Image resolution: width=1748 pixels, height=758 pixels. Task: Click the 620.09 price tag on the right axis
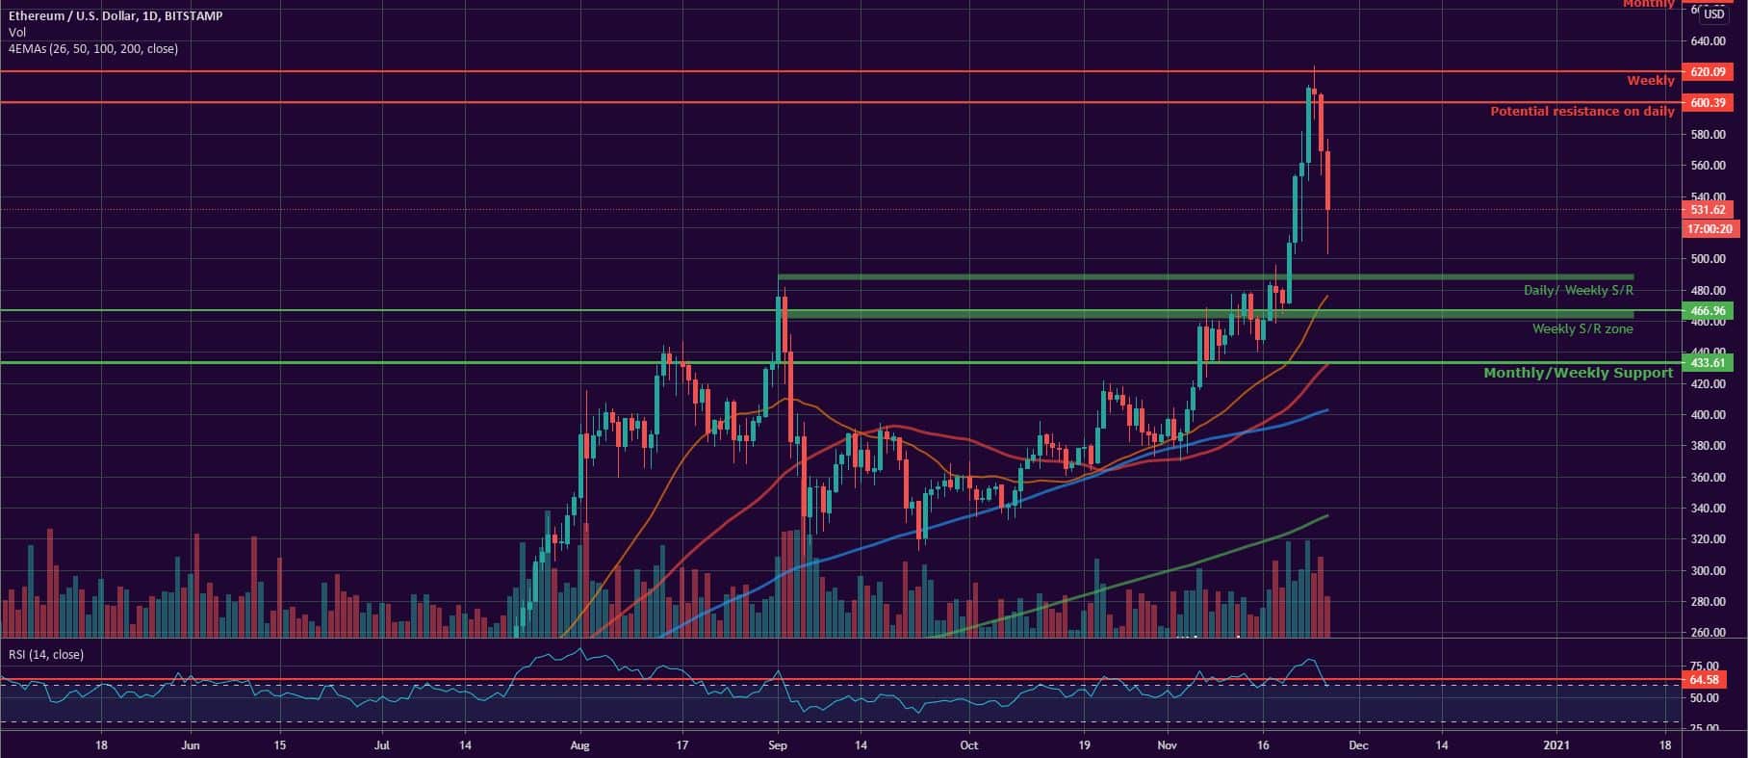1707,72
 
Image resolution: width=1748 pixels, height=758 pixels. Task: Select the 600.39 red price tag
1707,102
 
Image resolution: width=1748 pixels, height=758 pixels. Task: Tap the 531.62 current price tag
1707,209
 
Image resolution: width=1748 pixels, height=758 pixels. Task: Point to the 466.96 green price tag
1707,310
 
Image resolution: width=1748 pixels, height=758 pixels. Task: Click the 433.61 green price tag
1707,363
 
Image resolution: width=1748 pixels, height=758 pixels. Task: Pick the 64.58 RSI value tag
1707,680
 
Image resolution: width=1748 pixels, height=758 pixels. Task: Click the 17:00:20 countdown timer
1707,229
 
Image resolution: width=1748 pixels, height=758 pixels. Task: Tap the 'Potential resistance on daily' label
1581,112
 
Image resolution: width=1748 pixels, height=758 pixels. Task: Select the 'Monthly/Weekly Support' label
1578,373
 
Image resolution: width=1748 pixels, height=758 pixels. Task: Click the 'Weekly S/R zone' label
1582,329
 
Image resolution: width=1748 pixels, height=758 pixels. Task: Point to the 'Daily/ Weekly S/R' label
1578,290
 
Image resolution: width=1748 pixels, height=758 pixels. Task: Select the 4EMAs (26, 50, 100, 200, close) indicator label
92,48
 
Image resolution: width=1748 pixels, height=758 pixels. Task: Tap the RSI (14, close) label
46,655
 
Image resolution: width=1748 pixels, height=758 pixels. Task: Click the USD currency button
1713,14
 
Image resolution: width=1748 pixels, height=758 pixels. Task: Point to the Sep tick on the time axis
779,745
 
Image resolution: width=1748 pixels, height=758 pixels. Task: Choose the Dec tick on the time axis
1357,745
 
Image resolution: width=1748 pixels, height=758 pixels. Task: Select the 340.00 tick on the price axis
1707,509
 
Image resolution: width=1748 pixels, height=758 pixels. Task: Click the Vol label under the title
16,33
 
